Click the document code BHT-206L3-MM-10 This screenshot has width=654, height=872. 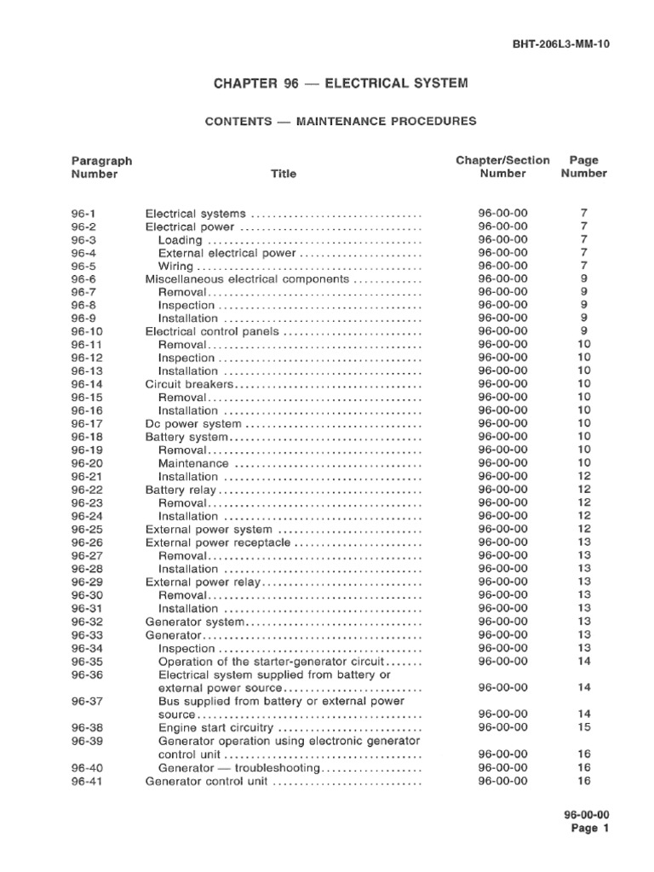click(x=561, y=45)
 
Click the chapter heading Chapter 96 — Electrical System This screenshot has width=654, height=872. click(x=341, y=83)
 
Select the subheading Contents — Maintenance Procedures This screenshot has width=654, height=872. click(x=341, y=122)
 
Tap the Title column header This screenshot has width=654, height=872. click(x=284, y=174)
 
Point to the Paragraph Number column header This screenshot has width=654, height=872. click(x=101, y=167)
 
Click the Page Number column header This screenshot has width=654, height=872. click(x=583, y=167)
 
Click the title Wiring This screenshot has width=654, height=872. click(x=176, y=267)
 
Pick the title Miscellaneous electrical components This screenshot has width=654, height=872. click(x=247, y=279)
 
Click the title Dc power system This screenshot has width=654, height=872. click(x=193, y=423)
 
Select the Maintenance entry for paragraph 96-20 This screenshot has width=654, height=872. click(x=193, y=463)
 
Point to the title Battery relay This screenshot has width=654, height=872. click(x=181, y=490)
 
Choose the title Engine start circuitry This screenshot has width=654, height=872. click(x=216, y=727)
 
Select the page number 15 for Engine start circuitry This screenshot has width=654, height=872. click(x=584, y=727)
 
